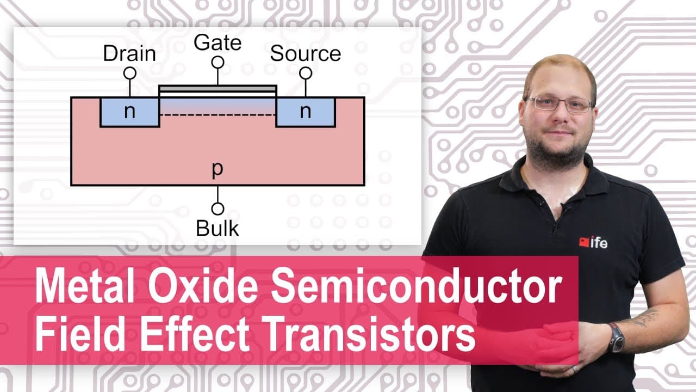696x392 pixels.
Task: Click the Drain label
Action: (129, 53)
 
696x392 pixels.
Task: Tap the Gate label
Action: (217, 42)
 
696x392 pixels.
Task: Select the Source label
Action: (306, 53)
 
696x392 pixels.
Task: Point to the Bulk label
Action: (217, 228)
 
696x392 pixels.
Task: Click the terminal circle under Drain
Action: (130, 73)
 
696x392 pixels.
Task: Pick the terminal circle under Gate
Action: (218, 63)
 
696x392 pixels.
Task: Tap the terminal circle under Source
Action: (306, 73)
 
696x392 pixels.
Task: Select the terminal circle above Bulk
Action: (217, 209)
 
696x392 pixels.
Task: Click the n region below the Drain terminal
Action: (130, 112)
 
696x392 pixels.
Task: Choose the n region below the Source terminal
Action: (306, 112)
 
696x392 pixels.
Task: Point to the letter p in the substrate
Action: (217, 169)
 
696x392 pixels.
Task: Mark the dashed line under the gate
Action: (217, 115)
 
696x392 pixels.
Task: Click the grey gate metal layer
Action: (217, 89)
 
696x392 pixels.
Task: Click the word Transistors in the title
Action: (370, 334)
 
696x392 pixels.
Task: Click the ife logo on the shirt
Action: (593, 242)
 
